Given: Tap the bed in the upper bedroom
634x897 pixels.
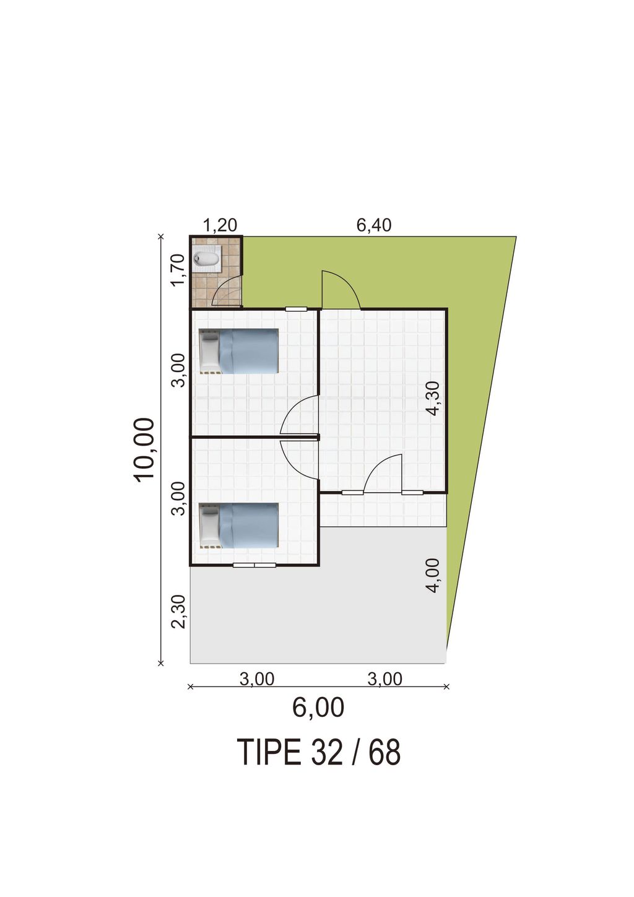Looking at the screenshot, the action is (239, 351).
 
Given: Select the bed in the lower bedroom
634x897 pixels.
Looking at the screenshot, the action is (239, 526).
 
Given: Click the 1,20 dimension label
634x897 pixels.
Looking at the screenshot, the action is (220, 225).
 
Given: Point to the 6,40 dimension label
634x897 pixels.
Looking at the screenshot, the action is (374, 225).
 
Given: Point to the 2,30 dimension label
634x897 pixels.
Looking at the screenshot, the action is (178, 612).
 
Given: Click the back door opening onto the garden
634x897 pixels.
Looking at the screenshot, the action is (341, 290).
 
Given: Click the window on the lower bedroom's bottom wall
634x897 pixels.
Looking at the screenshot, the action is (254, 565).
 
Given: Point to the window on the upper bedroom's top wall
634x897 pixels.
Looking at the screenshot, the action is (296, 309).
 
